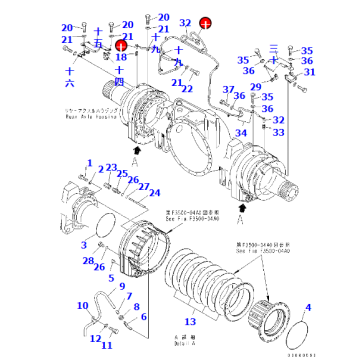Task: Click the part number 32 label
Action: tap(184, 21)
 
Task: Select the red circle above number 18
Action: tap(120, 44)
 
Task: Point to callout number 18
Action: tap(120, 58)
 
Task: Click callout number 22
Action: tap(188, 90)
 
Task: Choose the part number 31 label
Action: tap(309, 73)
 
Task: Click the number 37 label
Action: tap(227, 91)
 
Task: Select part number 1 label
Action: tap(89, 163)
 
